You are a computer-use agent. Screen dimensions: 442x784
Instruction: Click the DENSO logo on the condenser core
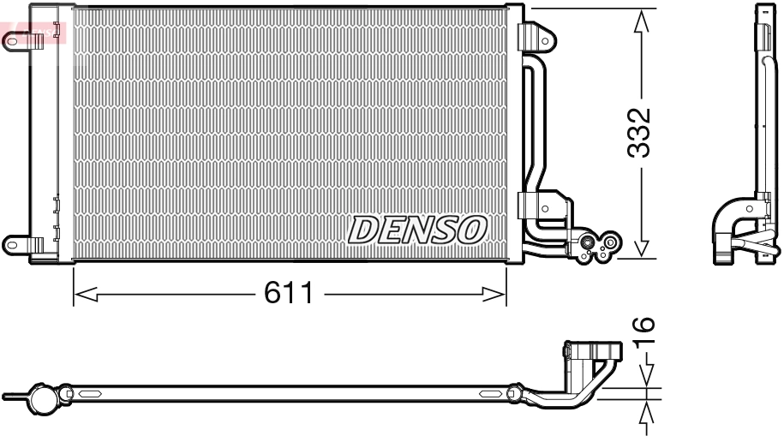click(417, 229)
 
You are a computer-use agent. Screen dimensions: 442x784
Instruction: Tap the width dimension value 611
click(288, 295)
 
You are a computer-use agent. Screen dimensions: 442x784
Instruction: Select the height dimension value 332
click(640, 133)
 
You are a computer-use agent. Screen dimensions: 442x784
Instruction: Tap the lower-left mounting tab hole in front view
click(13, 243)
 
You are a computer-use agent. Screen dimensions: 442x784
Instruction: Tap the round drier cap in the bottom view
click(43, 398)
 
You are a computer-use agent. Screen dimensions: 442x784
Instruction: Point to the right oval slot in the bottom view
click(491, 394)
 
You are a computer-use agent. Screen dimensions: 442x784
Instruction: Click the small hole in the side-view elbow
click(750, 207)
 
